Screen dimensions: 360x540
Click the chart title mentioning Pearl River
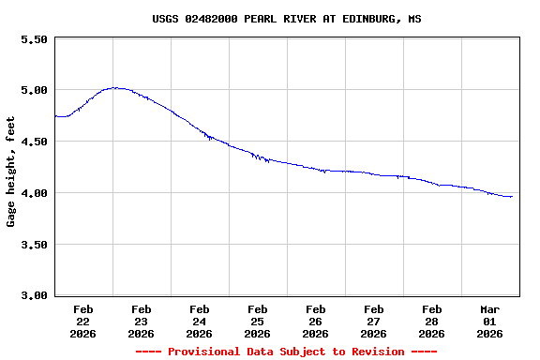point(287,19)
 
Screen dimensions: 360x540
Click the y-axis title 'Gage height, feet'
point(11,172)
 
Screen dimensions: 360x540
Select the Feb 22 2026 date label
point(82,321)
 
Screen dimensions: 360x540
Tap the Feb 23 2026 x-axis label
point(141,321)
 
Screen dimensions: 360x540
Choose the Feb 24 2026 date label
point(199,321)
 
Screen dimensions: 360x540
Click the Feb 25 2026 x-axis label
point(257,321)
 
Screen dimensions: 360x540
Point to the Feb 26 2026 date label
point(315,321)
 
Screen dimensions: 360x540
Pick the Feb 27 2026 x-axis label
point(373,321)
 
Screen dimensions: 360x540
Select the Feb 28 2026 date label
point(431,321)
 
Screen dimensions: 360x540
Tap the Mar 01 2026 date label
point(489,321)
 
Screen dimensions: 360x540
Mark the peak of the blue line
point(113,88)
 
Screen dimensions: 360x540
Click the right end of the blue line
point(512,197)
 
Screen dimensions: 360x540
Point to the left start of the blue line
point(56,116)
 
